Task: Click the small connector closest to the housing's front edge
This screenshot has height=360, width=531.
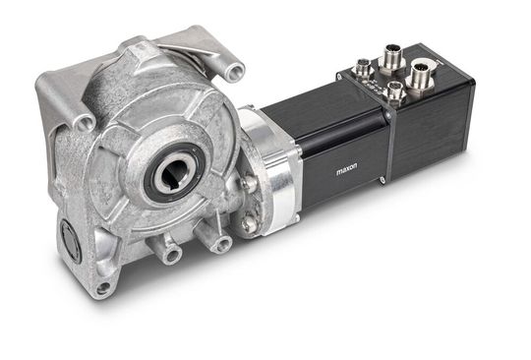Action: pos(394,93)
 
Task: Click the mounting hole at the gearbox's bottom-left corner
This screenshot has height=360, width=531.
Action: pos(103,288)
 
